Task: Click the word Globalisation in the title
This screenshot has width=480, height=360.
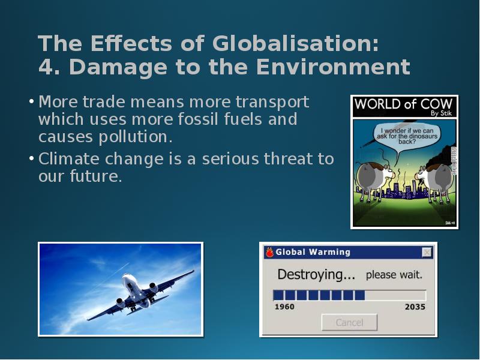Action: [x=295, y=43]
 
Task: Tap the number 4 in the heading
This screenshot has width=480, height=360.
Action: [x=46, y=67]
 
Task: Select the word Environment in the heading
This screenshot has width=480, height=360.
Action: [x=333, y=67]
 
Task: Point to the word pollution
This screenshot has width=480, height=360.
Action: [x=136, y=137]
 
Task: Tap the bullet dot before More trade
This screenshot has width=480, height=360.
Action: [x=32, y=101]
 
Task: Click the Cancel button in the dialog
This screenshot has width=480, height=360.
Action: [x=349, y=322]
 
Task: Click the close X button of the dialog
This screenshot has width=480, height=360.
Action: [x=427, y=252]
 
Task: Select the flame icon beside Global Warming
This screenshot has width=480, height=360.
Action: [x=269, y=252]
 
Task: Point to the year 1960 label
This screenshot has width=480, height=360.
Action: [x=284, y=307]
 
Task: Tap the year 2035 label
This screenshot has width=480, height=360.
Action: [x=415, y=307]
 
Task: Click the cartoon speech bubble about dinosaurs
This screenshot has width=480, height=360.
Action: [x=407, y=136]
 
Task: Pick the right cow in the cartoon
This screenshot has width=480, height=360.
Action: [x=434, y=182]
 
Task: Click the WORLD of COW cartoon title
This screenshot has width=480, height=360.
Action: [x=403, y=104]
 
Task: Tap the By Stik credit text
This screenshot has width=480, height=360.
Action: [x=441, y=113]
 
